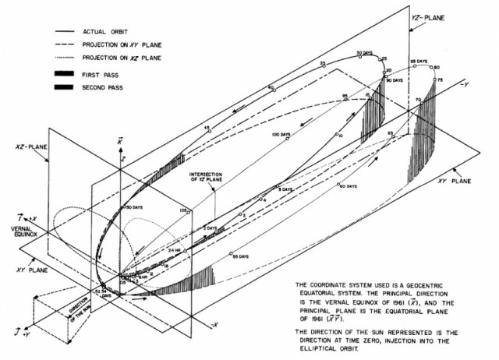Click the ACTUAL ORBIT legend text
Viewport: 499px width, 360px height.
[108, 31]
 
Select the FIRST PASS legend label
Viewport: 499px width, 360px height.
[102, 73]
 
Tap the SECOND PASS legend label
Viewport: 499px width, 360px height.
[106, 87]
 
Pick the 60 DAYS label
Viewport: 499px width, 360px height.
[349, 187]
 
